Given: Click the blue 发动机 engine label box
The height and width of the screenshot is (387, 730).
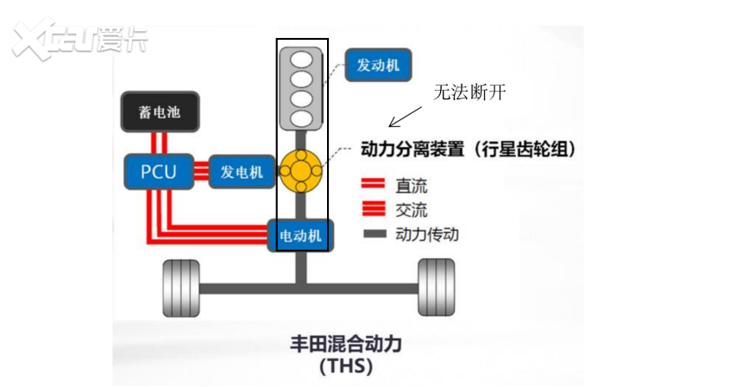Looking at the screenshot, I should tap(377, 64).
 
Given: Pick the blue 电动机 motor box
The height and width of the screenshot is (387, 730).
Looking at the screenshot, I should tap(299, 235).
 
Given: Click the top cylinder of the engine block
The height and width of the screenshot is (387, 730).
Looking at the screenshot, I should tap(301, 60).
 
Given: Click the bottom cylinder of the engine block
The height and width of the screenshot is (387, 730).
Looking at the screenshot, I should tap(301, 117).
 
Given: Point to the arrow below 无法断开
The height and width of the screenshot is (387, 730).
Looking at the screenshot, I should tap(406, 117).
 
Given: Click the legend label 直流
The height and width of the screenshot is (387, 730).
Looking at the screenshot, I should tap(411, 186).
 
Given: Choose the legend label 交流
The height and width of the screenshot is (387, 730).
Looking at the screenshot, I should tap(411, 209).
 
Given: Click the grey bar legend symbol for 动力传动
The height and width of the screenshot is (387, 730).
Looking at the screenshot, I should tap(374, 233).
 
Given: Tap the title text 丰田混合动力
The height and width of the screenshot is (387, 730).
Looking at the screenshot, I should tap(345, 343).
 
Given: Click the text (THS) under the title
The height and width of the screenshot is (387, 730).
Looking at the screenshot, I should tap(345, 366).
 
